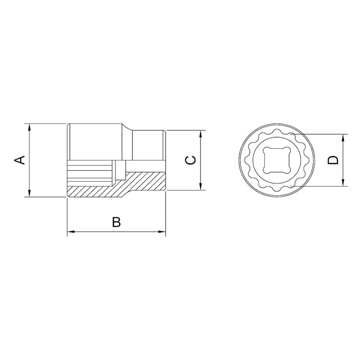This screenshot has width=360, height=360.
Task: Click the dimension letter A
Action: point(20,160)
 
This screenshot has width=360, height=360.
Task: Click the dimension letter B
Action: point(116,222)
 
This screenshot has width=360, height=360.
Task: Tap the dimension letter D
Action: point(333,160)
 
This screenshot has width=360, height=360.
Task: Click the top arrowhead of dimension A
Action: point(29,127)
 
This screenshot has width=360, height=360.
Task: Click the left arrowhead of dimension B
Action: point(70,232)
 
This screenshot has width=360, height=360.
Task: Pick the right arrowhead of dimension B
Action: point(163,232)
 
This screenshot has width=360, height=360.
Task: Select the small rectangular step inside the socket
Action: point(119,170)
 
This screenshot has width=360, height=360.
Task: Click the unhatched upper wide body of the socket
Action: point(97,142)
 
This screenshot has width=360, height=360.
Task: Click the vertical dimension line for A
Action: point(29,160)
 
